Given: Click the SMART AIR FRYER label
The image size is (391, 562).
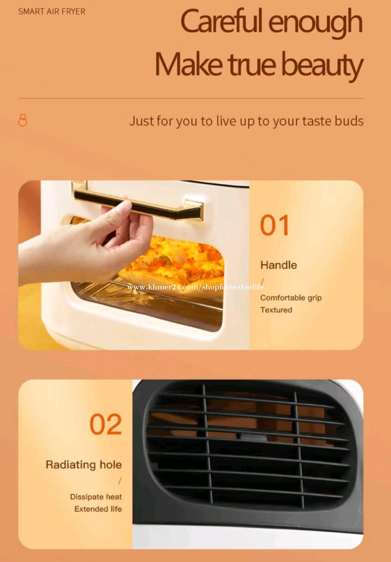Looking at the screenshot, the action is click(x=52, y=12).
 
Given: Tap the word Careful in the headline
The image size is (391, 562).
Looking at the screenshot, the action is click(x=222, y=21).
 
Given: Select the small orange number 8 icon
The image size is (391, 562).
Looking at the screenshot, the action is click(x=22, y=120).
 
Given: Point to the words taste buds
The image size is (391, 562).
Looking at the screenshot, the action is click(x=333, y=121).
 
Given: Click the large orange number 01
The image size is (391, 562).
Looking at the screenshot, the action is click(x=275, y=225).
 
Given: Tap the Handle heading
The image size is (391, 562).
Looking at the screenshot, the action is click(x=278, y=265).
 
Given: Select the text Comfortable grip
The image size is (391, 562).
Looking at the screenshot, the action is click(x=291, y=298).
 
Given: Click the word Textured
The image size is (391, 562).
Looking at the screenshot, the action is click(x=276, y=310).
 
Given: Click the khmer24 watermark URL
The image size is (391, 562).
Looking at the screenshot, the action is click(x=196, y=287).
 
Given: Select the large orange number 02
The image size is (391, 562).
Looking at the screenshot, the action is click(x=105, y=424).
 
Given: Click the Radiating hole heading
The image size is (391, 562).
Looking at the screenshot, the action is click(x=84, y=465).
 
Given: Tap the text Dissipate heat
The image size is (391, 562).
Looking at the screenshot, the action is click(x=96, y=497).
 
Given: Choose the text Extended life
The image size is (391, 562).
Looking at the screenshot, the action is click(x=98, y=509).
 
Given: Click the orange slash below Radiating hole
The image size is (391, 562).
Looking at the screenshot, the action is click(x=120, y=481).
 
